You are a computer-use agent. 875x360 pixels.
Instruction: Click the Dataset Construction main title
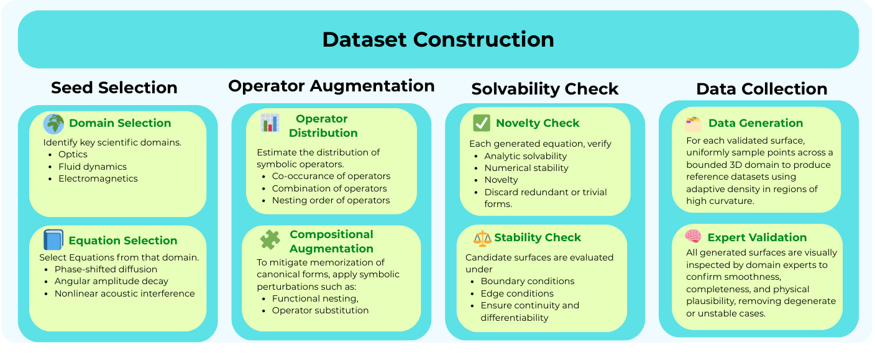click(x=438, y=39)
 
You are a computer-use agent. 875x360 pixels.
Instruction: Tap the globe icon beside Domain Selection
click(x=53, y=124)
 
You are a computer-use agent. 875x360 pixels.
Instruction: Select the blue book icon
click(x=53, y=239)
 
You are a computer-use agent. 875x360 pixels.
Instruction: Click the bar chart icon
click(x=270, y=122)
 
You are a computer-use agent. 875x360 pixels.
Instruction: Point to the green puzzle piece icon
click(x=270, y=239)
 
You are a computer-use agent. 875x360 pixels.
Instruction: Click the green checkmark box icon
click(x=481, y=122)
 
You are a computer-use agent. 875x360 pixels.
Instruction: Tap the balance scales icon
click(x=482, y=238)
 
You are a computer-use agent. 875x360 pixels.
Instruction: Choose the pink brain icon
click(x=693, y=236)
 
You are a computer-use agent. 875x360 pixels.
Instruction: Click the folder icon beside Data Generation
click(x=693, y=124)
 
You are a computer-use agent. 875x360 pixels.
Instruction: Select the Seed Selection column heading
click(x=114, y=88)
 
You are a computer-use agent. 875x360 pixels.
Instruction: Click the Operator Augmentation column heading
click(x=331, y=86)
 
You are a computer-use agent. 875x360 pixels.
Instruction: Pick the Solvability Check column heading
click(x=545, y=89)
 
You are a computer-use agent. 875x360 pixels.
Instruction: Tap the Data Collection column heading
click(x=762, y=89)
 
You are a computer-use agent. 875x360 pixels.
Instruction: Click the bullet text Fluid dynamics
click(x=93, y=167)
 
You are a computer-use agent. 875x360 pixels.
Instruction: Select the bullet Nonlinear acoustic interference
click(x=125, y=293)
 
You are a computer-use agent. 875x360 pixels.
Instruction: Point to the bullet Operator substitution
click(x=320, y=310)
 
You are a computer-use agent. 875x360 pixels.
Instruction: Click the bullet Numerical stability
click(x=526, y=168)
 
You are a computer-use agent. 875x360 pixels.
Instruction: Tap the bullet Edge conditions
click(x=517, y=293)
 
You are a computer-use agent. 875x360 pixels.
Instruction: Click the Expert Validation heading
click(x=757, y=238)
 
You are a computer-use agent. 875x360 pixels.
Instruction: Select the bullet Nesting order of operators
click(x=331, y=201)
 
